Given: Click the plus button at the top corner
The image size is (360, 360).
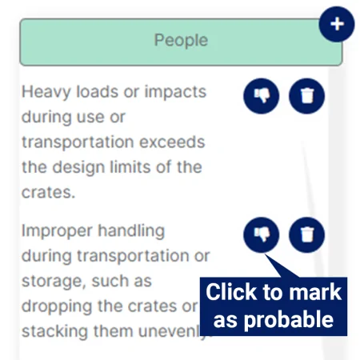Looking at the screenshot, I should [x=337, y=25].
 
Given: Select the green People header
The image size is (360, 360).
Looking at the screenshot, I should [x=181, y=41].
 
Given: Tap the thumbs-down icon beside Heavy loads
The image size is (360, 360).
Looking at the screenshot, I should [x=262, y=96].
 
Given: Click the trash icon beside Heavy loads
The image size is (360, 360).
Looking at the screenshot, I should [x=307, y=96].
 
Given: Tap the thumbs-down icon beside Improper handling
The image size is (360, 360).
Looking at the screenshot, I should [x=262, y=234].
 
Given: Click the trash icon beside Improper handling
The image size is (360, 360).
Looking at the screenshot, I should [x=307, y=234].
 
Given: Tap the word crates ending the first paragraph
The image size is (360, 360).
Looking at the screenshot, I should [x=46, y=194].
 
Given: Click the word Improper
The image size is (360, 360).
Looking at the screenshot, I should [x=56, y=230].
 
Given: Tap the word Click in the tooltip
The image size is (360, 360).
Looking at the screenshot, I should [x=232, y=292].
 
